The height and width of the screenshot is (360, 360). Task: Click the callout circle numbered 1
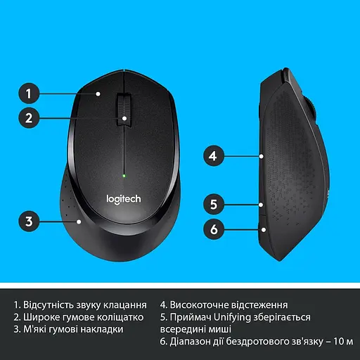(28, 92)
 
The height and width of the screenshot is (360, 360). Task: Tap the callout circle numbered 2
(28, 118)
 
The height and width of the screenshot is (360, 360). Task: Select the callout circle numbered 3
(28, 221)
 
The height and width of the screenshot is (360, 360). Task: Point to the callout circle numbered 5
(214, 205)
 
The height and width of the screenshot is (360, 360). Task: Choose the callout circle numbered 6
(214, 229)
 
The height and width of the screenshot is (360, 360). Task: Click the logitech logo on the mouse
(123, 199)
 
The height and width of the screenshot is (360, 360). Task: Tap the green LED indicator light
(124, 175)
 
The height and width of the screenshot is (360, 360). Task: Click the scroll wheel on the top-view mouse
(124, 110)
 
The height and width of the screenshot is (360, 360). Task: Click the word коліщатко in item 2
(115, 317)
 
